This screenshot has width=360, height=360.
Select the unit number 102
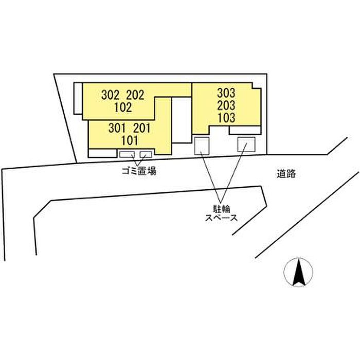click(123, 107)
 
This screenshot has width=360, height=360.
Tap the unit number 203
click(226, 105)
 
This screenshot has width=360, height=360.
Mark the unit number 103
click(226, 118)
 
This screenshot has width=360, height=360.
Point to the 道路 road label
click(286, 174)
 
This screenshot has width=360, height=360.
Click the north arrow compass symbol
click(298, 272)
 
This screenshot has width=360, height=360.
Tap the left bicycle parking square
click(202, 146)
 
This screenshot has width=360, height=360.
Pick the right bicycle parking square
click(245, 144)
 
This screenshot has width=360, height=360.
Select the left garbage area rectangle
click(127, 154)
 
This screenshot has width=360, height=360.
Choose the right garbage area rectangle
click(146, 154)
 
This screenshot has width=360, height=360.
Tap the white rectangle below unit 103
click(245, 130)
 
